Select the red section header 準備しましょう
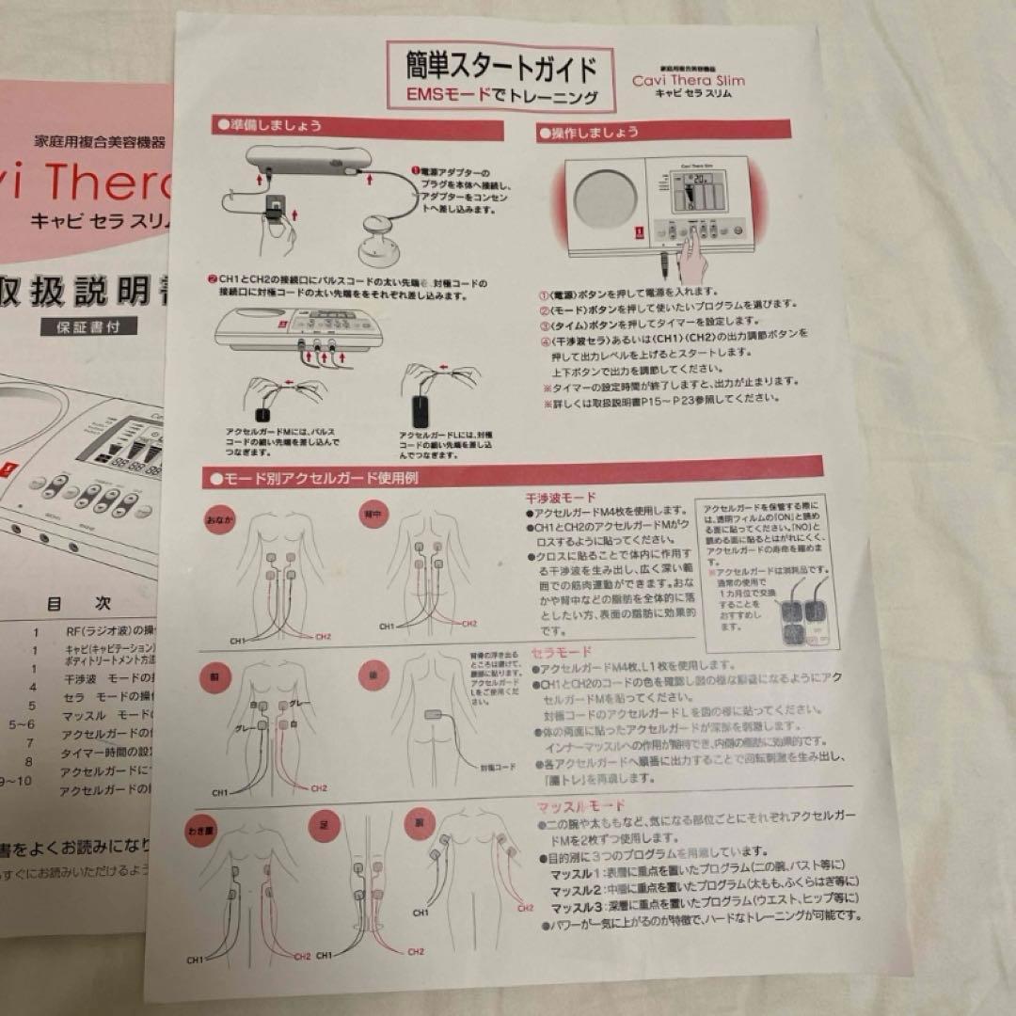point(273,123)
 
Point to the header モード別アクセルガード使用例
point(320,478)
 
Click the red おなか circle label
point(220,518)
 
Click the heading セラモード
point(563,651)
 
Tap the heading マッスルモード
point(580,806)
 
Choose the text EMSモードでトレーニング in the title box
point(502,95)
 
